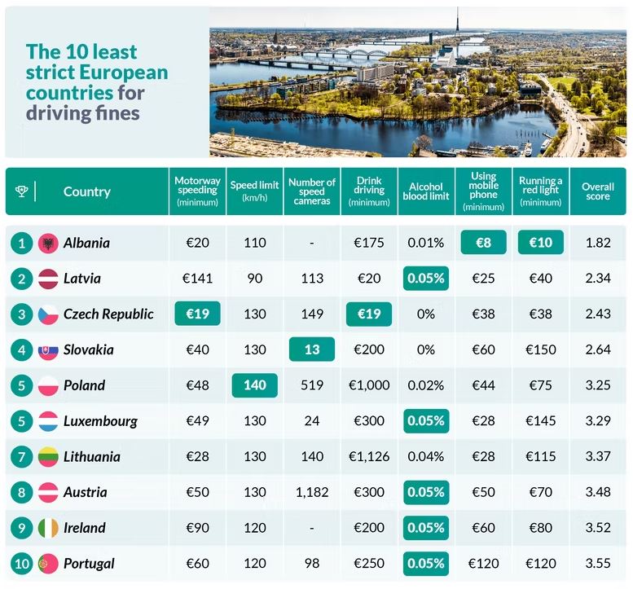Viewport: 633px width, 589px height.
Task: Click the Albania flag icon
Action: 48,243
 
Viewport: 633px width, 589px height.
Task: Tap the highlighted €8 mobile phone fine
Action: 483,243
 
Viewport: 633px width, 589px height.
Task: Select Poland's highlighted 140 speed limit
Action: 255,385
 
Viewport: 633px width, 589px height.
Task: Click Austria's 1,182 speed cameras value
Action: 312,492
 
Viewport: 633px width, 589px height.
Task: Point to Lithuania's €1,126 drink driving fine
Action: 369,456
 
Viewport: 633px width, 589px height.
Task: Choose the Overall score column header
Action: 598,191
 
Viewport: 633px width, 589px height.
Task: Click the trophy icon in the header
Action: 21,191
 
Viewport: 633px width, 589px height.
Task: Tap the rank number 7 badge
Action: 21,456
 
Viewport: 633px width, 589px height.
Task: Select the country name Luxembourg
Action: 100,421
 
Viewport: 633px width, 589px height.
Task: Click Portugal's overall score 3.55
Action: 598,563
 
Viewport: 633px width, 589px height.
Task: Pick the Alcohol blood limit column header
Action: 426,191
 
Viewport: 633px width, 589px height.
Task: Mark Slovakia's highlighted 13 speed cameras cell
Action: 312,349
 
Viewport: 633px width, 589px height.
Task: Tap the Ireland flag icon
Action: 48,528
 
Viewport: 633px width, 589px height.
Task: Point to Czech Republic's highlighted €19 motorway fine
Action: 198,314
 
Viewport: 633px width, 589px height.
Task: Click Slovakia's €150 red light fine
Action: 541,349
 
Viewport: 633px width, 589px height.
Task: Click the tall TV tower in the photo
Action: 458,24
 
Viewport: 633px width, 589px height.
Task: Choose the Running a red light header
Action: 541,191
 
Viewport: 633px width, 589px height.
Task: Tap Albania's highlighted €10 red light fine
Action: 541,243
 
